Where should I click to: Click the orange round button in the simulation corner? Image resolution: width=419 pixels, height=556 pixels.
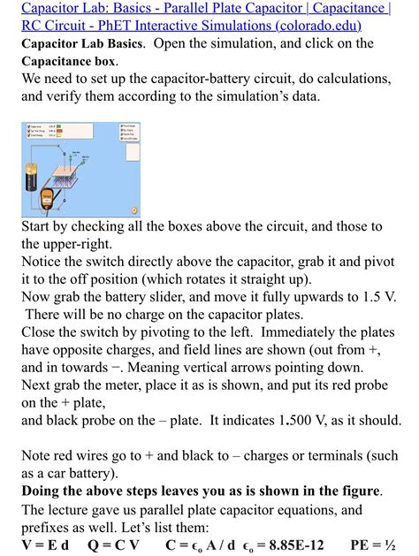(135, 210)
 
